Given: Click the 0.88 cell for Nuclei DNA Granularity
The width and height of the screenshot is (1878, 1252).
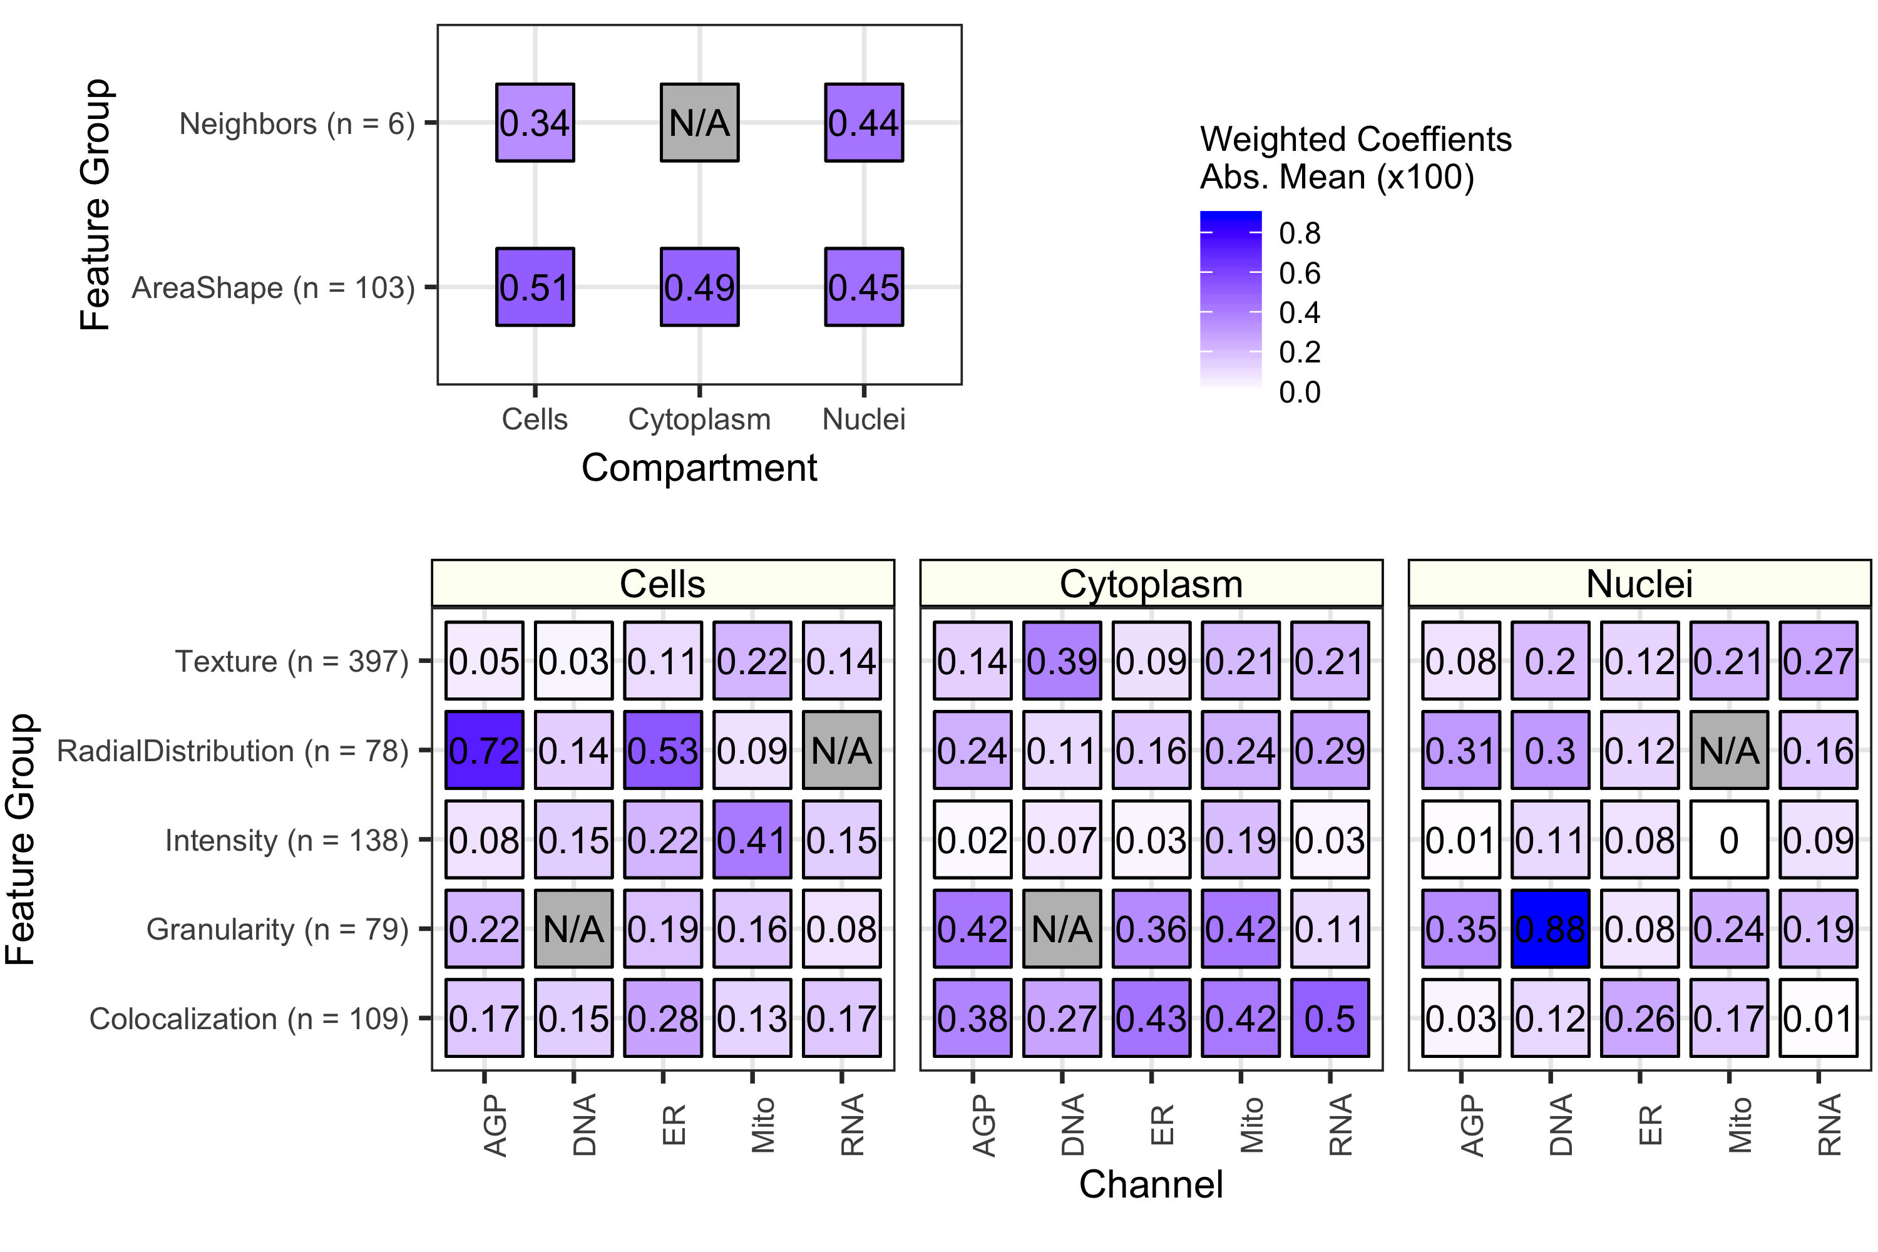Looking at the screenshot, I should [1550, 928].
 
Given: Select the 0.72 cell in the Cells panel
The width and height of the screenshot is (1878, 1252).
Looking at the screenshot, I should [484, 750].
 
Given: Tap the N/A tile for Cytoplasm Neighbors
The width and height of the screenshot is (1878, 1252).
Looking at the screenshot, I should [699, 122].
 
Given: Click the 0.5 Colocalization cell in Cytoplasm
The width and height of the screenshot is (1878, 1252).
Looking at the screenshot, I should [1330, 1018].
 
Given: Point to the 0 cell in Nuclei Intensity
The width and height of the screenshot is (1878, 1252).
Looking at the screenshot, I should [1728, 839].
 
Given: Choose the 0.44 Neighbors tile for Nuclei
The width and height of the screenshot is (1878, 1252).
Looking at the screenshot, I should [863, 122].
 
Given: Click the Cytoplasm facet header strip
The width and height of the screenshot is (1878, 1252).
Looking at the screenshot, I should [1151, 583].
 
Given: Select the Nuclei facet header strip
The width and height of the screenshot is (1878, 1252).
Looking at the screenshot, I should [1639, 583].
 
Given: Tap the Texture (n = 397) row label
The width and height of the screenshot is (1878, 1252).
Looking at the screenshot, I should [292, 661].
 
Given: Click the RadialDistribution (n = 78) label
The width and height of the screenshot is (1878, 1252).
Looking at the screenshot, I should [232, 751].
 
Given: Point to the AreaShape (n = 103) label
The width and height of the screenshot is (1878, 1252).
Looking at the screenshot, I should [273, 287].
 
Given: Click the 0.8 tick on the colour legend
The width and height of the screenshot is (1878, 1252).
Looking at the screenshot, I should [1299, 233].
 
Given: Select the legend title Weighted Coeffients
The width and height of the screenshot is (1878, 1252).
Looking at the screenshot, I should [1355, 140].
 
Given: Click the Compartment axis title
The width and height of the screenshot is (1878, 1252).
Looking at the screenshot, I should [699, 468].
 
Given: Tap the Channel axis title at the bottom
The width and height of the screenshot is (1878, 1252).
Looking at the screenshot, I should [1151, 1184].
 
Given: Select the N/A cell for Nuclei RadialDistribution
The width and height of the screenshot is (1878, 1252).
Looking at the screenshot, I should [1728, 750].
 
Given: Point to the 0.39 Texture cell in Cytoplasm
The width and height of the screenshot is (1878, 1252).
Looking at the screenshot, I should [1062, 660].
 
